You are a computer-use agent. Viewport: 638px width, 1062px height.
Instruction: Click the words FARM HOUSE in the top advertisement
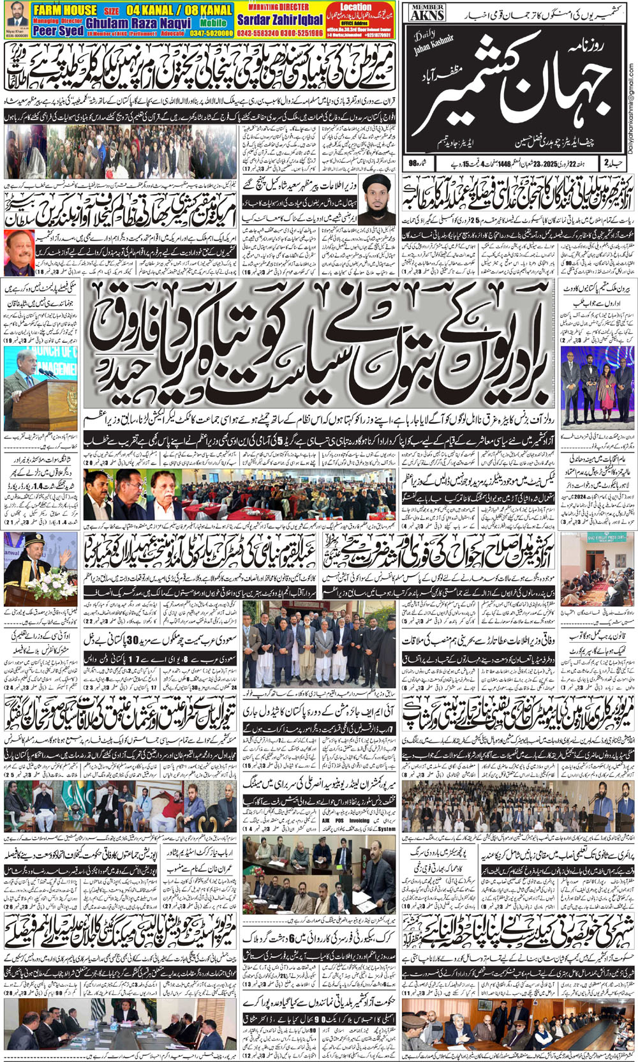(64, 10)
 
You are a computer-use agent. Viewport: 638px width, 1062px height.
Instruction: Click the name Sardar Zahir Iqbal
(279, 20)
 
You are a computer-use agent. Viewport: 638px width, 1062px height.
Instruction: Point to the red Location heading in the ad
(355, 7)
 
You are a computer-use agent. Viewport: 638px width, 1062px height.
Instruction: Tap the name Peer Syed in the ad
(57, 30)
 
